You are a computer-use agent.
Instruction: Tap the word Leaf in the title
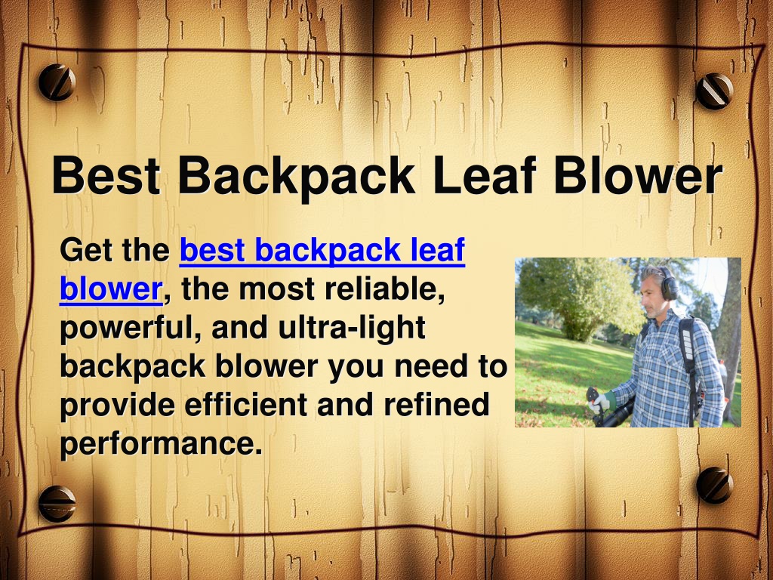[x=485, y=174]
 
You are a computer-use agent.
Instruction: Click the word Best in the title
[x=106, y=175]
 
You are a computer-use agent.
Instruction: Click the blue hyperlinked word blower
[x=111, y=288]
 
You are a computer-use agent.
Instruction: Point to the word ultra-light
[x=352, y=328]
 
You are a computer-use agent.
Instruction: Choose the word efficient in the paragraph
[x=247, y=405]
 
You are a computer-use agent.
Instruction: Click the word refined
[x=436, y=405]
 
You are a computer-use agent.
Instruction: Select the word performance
[x=161, y=444]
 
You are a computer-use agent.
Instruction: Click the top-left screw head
[x=57, y=82]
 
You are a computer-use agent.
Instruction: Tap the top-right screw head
[x=714, y=91]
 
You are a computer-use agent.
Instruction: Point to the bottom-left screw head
[x=57, y=504]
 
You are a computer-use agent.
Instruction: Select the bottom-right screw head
[x=715, y=485]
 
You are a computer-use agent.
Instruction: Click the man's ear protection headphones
[x=668, y=285]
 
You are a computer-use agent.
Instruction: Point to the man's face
[x=651, y=294]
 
